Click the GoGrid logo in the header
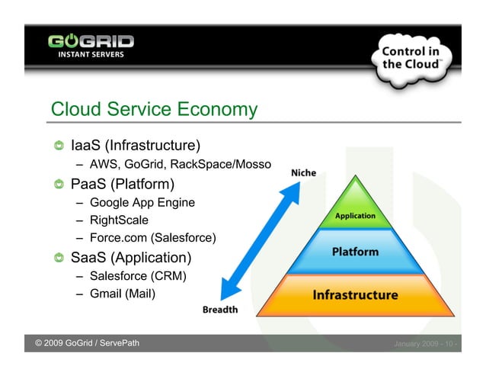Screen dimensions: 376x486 91,45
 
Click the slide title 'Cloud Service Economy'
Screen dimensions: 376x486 154,110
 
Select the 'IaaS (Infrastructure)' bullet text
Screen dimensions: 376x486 135,145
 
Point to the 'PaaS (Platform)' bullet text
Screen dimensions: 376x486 123,184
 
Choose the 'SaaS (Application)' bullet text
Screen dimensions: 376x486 131,257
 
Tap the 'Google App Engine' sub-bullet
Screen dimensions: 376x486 142,203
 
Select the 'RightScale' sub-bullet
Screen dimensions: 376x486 118,220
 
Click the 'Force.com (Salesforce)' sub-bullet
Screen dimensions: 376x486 152,238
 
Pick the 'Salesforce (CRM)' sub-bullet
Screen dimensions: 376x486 137,275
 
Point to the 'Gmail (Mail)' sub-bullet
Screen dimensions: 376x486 122,293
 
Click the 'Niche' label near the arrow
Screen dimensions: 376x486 304,173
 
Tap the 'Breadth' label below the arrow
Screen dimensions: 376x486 220,310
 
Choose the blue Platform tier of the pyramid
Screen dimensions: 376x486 355,252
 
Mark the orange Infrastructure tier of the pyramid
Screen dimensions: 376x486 355,294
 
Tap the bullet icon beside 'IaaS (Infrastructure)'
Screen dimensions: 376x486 59,146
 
